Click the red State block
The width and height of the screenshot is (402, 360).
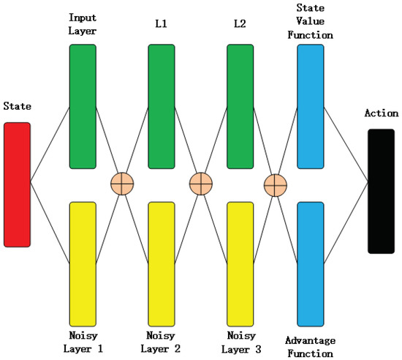(x=17, y=184)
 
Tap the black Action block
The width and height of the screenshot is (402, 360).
(x=381, y=191)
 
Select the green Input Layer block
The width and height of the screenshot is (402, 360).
(x=83, y=106)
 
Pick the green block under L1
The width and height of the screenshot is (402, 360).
(x=162, y=106)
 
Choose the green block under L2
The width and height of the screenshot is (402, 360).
(x=240, y=106)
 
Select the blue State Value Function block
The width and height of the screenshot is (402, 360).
(x=311, y=106)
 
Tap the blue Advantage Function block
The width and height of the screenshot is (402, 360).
(x=311, y=263)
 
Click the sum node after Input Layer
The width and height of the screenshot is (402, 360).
(x=121, y=184)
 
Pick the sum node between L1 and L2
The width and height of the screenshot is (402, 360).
(x=200, y=184)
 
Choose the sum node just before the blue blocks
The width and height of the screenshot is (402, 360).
(x=275, y=185)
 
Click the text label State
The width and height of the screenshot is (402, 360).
(x=17, y=107)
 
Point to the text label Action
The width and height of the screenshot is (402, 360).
(x=381, y=113)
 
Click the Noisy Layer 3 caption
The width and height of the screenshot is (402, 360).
(x=240, y=342)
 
